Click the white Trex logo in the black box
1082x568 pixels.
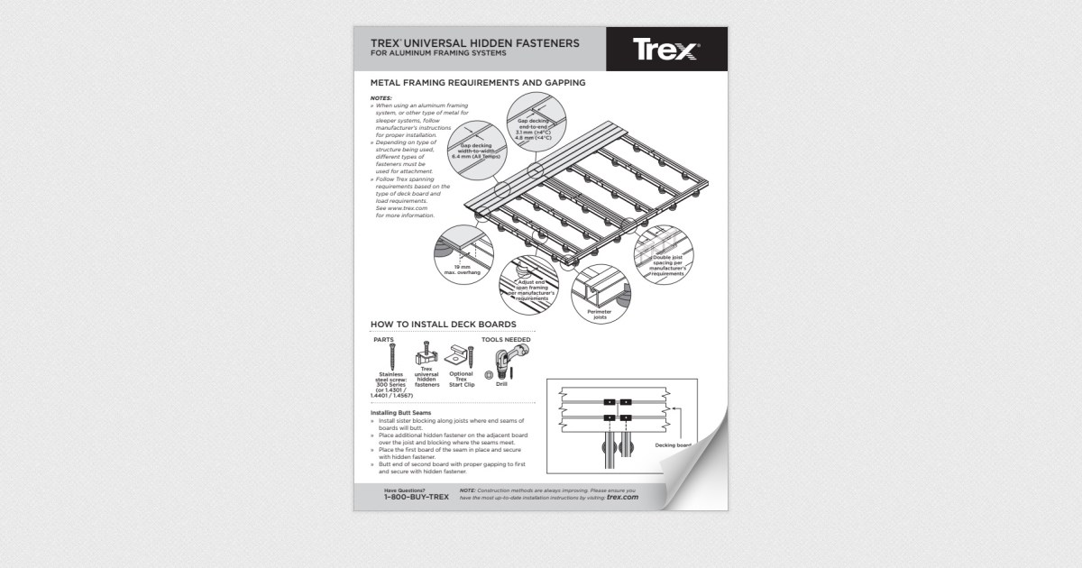click(x=666, y=50)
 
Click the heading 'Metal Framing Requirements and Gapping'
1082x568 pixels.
click(x=478, y=83)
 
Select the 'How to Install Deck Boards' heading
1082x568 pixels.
click(x=443, y=325)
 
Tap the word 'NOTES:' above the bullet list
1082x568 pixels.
click(x=381, y=97)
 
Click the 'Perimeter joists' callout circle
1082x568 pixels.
click(x=600, y=294)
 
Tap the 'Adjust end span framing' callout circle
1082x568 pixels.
click(x=532, y=287)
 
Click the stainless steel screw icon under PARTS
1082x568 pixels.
click(x=391, y=356)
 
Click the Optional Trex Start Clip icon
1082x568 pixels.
click(x=461, y=357)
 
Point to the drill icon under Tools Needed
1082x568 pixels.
click(x=517, y=357)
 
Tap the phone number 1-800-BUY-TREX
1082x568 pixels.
click(x=416, y=497)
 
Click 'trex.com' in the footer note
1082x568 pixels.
click(x=622, y=497)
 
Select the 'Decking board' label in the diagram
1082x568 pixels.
click(x=673, y=445)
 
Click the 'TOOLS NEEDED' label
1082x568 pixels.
click(x=506, y=340)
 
